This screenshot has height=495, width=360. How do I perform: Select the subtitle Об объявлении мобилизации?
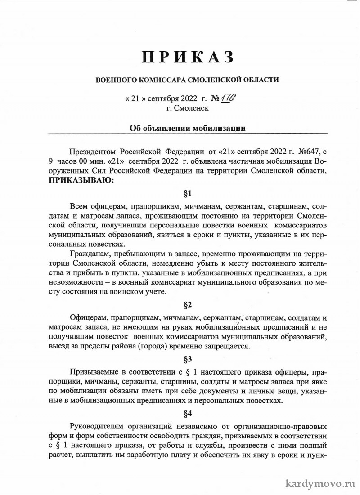pos(187,128)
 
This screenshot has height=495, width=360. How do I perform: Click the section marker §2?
pos(188,305)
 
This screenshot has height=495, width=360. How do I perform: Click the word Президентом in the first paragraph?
pos(94,150)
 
